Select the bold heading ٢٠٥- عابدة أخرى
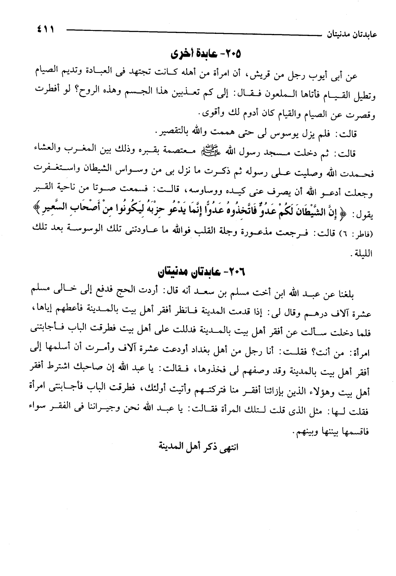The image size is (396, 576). coord(206,55)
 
